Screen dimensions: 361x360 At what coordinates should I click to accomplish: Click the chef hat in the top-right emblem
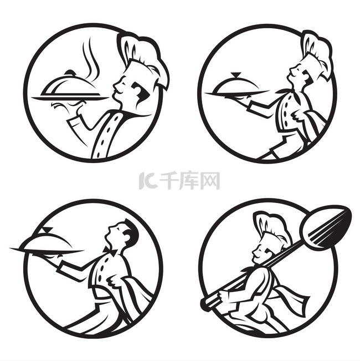[317, 53]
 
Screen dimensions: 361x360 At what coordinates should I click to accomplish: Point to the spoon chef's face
[259, 252]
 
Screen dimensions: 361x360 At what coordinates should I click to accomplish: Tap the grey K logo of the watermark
[148, 181]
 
